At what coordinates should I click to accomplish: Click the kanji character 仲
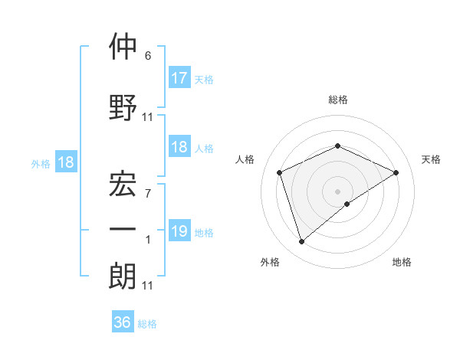(x=123, y=47)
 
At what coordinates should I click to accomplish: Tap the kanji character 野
(x=123, y=108)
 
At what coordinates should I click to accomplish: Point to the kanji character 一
(x=123, y=229)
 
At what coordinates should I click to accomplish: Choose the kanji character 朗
(x=123, y=277)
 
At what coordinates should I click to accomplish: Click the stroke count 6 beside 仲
(x=148, y=56)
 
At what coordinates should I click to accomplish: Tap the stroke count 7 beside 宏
(x=148, y=194)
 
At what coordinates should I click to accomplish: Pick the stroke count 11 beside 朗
(x=148, y=286)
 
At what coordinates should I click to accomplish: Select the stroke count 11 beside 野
(x=148, y=117)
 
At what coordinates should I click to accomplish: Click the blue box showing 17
(x=179, y=77)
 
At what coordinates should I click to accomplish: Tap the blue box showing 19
(x=179, y=231)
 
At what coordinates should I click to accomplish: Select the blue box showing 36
(x=123, y=322)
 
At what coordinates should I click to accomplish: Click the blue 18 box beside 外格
(x=65, y=162)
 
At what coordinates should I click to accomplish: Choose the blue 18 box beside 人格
(x=179, y=147)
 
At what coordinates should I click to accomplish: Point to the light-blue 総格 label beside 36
(x=148, y=324)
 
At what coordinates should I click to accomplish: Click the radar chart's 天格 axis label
(x=431, y=159)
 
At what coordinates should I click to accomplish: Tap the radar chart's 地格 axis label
(x=402, y=262)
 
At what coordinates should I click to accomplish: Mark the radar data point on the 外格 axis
(x=301, y=242)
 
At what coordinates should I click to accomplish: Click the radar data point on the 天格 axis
(x=396, y=172)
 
